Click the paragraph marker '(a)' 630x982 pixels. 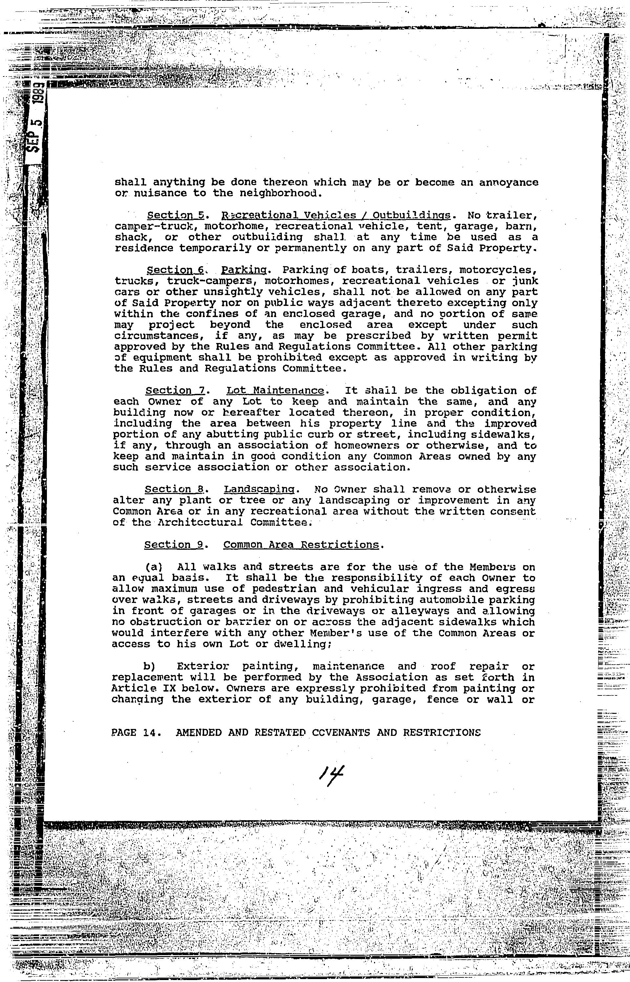(x=155, y=567)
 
